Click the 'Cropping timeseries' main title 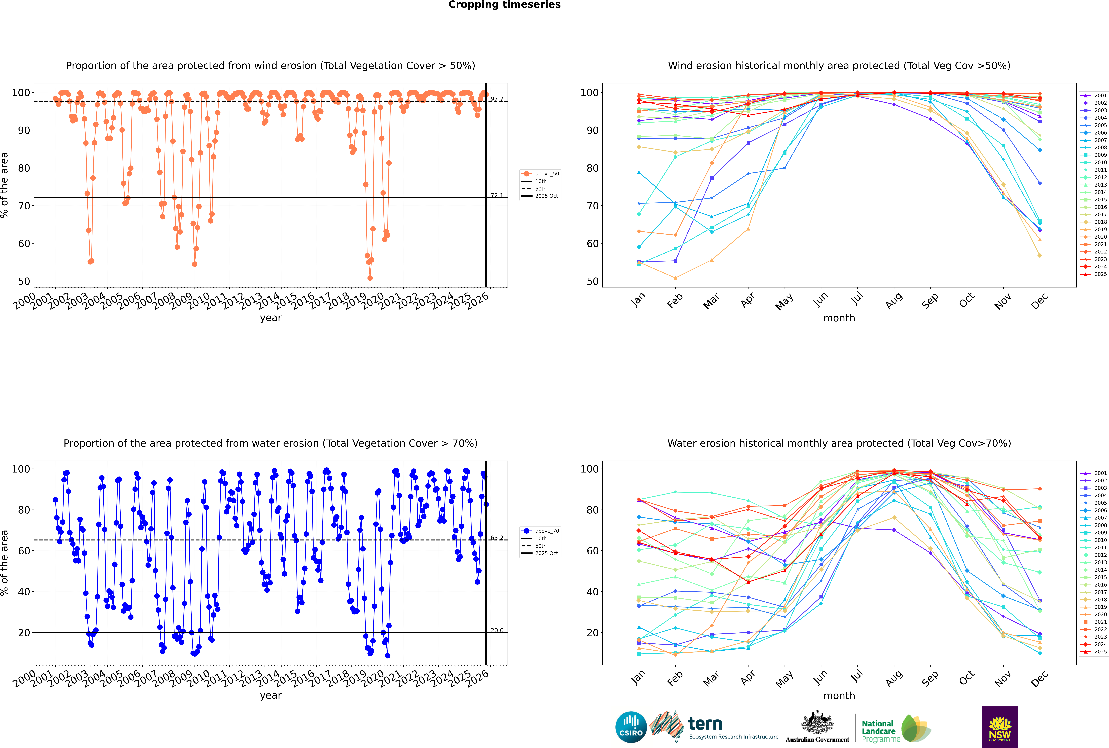click(504, 5)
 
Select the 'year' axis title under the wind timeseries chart click(270, 318)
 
